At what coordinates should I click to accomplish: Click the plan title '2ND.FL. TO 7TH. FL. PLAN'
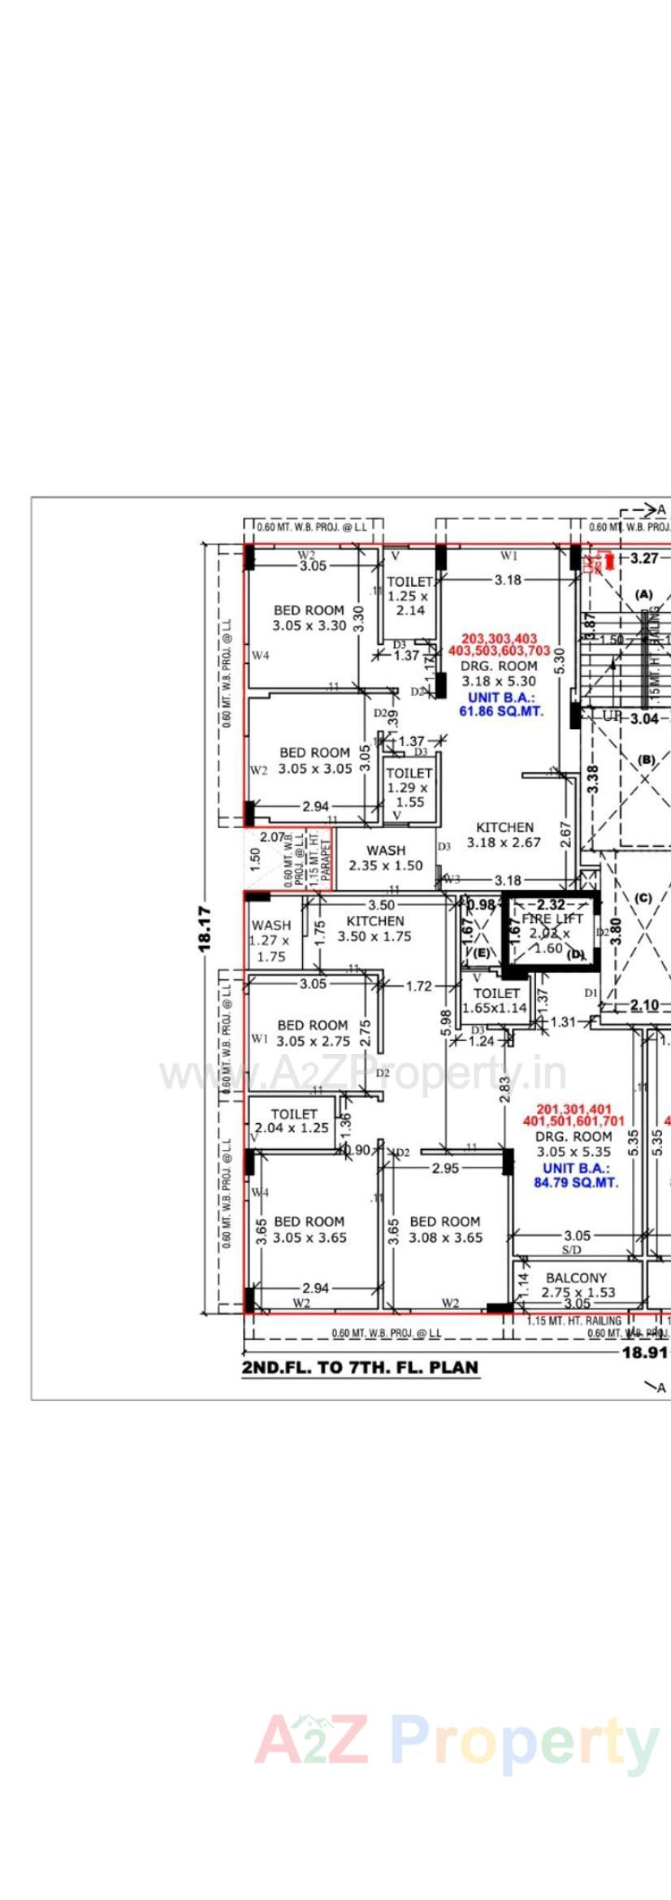(360, 1368)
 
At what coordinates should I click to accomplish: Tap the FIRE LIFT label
(552, 918)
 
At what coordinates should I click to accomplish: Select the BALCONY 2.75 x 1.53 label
(576, 1285)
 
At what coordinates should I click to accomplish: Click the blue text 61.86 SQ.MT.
(501, 710)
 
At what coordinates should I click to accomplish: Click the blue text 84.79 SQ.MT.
(575, 1182)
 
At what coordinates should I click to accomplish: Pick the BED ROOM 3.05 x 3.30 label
(309, 618)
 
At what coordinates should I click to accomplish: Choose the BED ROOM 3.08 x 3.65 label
(444, 1230)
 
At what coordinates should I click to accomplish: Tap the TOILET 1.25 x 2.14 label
(409, 596)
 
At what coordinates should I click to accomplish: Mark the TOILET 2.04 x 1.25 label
(292, 1121)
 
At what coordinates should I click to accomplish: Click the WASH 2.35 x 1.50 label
(385, 858)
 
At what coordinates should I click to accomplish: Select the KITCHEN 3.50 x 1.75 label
(374, 928)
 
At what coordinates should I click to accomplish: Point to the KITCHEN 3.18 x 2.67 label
(504, 835)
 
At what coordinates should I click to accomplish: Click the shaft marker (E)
(482, 952)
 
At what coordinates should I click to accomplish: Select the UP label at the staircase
(612, 715)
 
